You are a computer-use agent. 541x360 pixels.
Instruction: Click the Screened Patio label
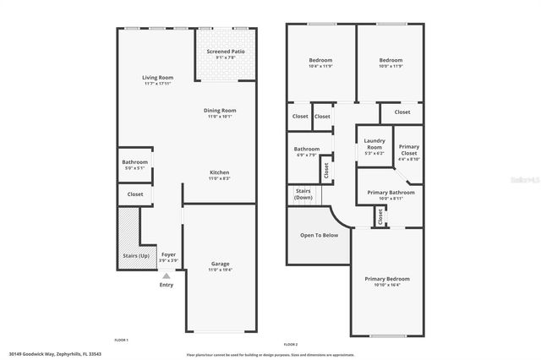point(226,52)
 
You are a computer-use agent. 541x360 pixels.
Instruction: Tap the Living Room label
point(158,78)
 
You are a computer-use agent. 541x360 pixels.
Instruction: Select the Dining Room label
point(220,111)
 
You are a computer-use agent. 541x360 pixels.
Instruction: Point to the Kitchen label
point(219,172)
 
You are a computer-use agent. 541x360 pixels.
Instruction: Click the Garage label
point(220,264)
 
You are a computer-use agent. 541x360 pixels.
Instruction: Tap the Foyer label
point(168,254)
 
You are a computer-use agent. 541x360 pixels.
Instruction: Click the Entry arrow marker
point(167,275)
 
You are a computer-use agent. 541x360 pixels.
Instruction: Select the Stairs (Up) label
point(135,254)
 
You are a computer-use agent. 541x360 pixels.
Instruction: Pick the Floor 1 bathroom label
point(134,162)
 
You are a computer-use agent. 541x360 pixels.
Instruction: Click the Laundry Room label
point(374,145)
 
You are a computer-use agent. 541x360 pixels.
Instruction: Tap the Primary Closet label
point(409,150)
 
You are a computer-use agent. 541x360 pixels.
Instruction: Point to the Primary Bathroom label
point(391,193)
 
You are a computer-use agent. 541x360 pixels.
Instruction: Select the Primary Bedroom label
point(387,279)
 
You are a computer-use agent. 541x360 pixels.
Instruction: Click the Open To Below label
point(319,235)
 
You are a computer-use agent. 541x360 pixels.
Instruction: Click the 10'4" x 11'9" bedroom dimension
point(320,68)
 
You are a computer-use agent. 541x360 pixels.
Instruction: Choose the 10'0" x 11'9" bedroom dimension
point(391,68)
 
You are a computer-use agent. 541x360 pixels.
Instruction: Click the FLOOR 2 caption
point(291,345)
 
